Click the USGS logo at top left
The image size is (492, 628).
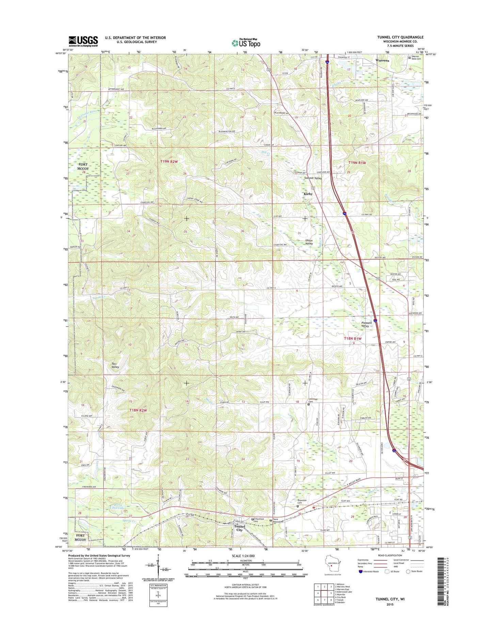click(x=83, y=41)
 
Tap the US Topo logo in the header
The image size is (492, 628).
click(x=246, y=43)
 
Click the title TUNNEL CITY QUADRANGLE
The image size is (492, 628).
click(x=400, y=37)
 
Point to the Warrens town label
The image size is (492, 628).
click(x=382, y=60)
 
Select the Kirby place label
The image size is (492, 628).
click(x=308, y=194)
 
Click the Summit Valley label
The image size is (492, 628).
click(x=313, y=178)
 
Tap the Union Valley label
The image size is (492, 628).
click(x=308, y=242)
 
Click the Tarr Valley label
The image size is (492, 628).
click(x=115, y=365)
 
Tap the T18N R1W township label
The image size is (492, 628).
click(x=352, y=338)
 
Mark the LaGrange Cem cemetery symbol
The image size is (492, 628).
click(x=309, y=405)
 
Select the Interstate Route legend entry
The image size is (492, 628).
click(x=370, y=571)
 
